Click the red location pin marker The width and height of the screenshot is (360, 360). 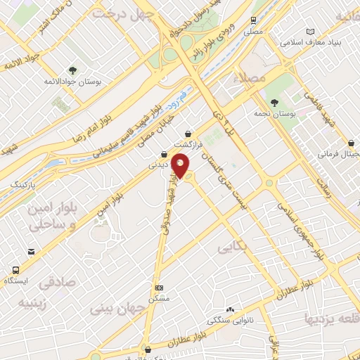[x=181, y=166]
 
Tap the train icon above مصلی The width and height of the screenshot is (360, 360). [x=253, y=22]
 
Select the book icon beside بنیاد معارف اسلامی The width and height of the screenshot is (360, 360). [x=311, y=32]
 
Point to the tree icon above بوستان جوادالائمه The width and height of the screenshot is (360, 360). [x=73, y=70]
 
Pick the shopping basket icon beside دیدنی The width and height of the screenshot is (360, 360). [x=164, y=155]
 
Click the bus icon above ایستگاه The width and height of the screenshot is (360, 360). [x=15, y=269]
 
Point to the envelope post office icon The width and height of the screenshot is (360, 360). [x=31, y=251]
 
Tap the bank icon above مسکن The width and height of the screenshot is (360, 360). [x=159, y=288]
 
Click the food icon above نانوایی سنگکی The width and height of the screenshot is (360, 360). [x=224, y=309]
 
